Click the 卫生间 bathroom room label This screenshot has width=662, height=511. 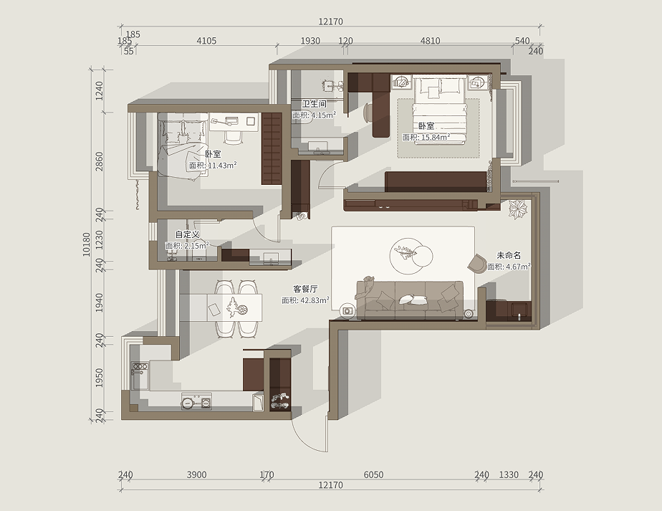(314, 104)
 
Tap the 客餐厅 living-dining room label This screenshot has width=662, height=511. (305, 290)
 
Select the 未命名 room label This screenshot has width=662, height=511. (509, 255)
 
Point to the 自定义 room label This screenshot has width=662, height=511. (187, 234)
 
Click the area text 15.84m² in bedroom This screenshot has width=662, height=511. (436, 138)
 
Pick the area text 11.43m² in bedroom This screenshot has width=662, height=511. (222, 166)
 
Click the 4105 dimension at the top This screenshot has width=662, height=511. (206, 41)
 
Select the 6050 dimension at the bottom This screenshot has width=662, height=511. (374, 474)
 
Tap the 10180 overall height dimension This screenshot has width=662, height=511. (87, 244)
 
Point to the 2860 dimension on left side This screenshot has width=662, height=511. (99, 161)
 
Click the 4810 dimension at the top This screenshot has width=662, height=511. (430, 41)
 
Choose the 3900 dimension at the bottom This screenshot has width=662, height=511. (197, 474)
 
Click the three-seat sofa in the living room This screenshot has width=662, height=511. (410, 300)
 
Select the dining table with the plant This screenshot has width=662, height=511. (234, 307)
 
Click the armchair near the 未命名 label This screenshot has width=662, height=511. (478, 264)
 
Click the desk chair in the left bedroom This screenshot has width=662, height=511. (233, 136)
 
